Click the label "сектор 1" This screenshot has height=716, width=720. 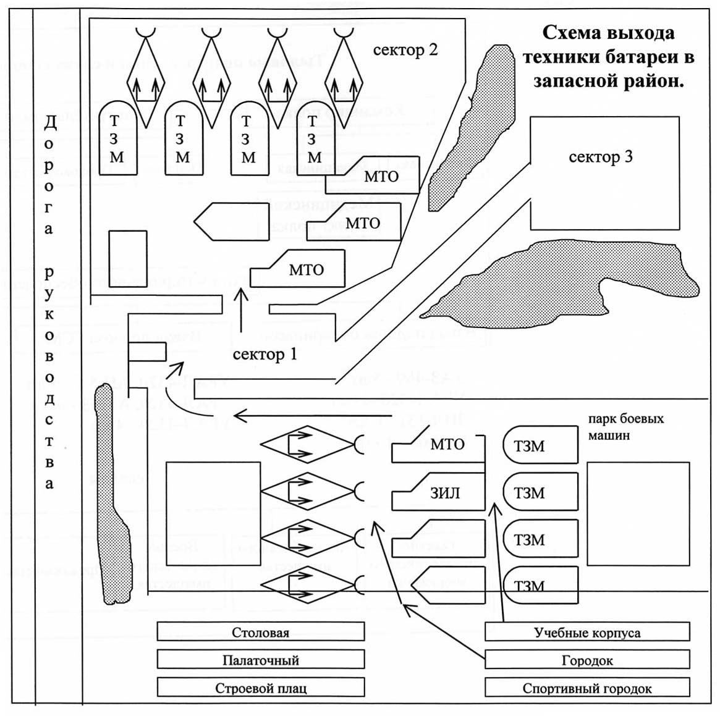265,355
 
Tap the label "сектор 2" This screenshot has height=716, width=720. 405,50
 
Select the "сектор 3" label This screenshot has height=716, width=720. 600,157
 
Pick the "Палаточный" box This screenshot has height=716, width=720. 260,660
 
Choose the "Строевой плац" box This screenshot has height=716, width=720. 260,688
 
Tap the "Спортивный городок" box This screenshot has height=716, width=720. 587,688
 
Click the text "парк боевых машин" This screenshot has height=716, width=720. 625,426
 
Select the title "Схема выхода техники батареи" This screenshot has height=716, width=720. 608,57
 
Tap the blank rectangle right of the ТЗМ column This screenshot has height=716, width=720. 638,513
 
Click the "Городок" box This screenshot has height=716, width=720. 587,660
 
